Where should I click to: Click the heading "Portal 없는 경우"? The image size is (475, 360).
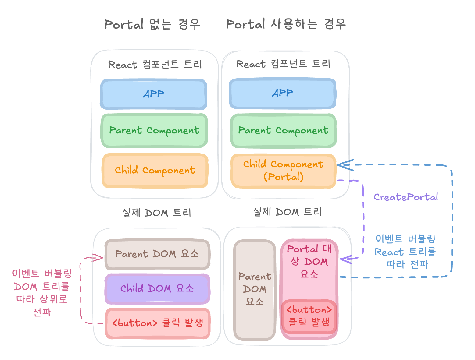152,24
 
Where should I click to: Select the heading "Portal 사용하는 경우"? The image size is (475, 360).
286,24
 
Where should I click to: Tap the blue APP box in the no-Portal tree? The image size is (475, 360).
154,94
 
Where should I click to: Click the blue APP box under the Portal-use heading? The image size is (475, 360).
282,93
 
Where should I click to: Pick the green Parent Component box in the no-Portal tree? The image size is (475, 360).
154,130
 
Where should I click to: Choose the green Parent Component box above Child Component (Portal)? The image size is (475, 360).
283,130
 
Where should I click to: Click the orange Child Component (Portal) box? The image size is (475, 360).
283,171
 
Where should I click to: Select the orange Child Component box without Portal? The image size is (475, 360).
155,170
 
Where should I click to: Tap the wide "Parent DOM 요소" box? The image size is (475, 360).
157,254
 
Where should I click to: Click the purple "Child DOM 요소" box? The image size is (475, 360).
157,288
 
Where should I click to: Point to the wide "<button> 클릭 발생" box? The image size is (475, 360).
157,323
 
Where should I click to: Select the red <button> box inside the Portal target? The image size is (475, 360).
309,316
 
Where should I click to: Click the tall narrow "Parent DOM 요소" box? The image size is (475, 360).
255,289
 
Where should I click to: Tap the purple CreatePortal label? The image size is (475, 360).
405,197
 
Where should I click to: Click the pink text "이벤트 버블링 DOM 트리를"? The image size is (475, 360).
42,280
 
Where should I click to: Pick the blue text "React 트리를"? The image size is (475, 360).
405,252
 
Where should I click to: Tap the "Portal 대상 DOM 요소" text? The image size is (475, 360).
309,261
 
